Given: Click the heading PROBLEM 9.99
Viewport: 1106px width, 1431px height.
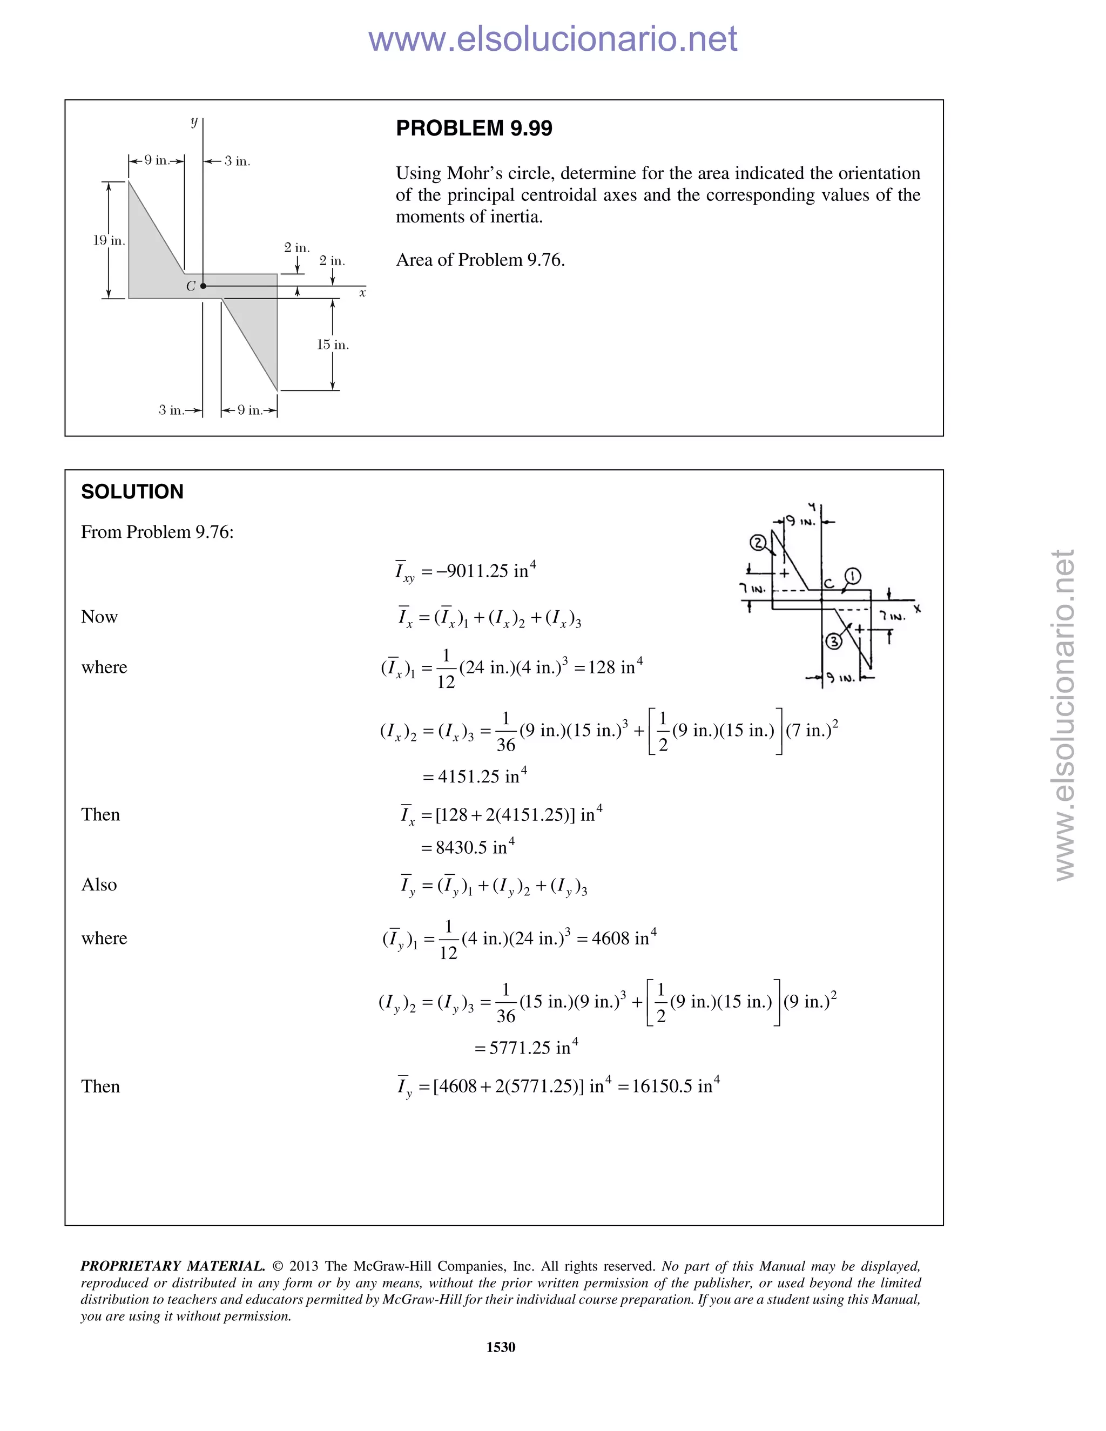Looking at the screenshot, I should (474, 129).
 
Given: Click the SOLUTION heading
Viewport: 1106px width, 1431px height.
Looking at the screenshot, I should (132, 491).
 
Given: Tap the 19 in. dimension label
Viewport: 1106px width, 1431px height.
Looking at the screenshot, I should (108, 240).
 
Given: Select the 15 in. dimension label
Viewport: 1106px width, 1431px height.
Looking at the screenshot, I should (333, 345).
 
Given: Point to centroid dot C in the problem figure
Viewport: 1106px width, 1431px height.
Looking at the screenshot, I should (203, 286).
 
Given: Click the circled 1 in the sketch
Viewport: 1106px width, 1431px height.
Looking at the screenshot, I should (852, 576).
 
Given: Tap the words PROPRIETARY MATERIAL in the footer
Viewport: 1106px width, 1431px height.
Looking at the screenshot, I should (172, 1265).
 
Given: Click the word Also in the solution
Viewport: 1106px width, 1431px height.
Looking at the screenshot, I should (99, 885).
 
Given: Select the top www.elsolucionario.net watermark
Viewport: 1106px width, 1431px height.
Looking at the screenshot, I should (552, 39).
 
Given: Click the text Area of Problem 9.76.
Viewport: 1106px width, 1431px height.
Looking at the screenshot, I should (480, 260).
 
